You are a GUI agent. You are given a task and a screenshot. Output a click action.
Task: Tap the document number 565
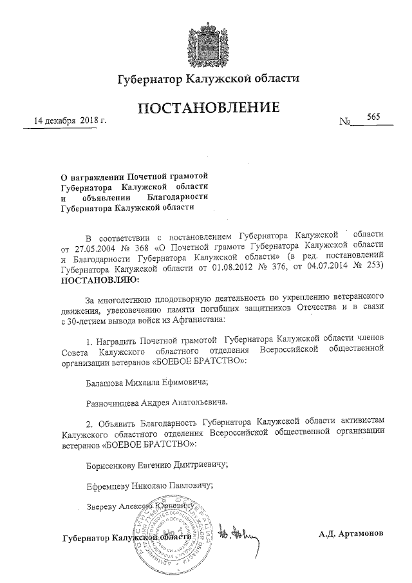(x=373, y=117)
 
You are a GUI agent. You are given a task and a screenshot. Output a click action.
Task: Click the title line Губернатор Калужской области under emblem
(x=208, y=79)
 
